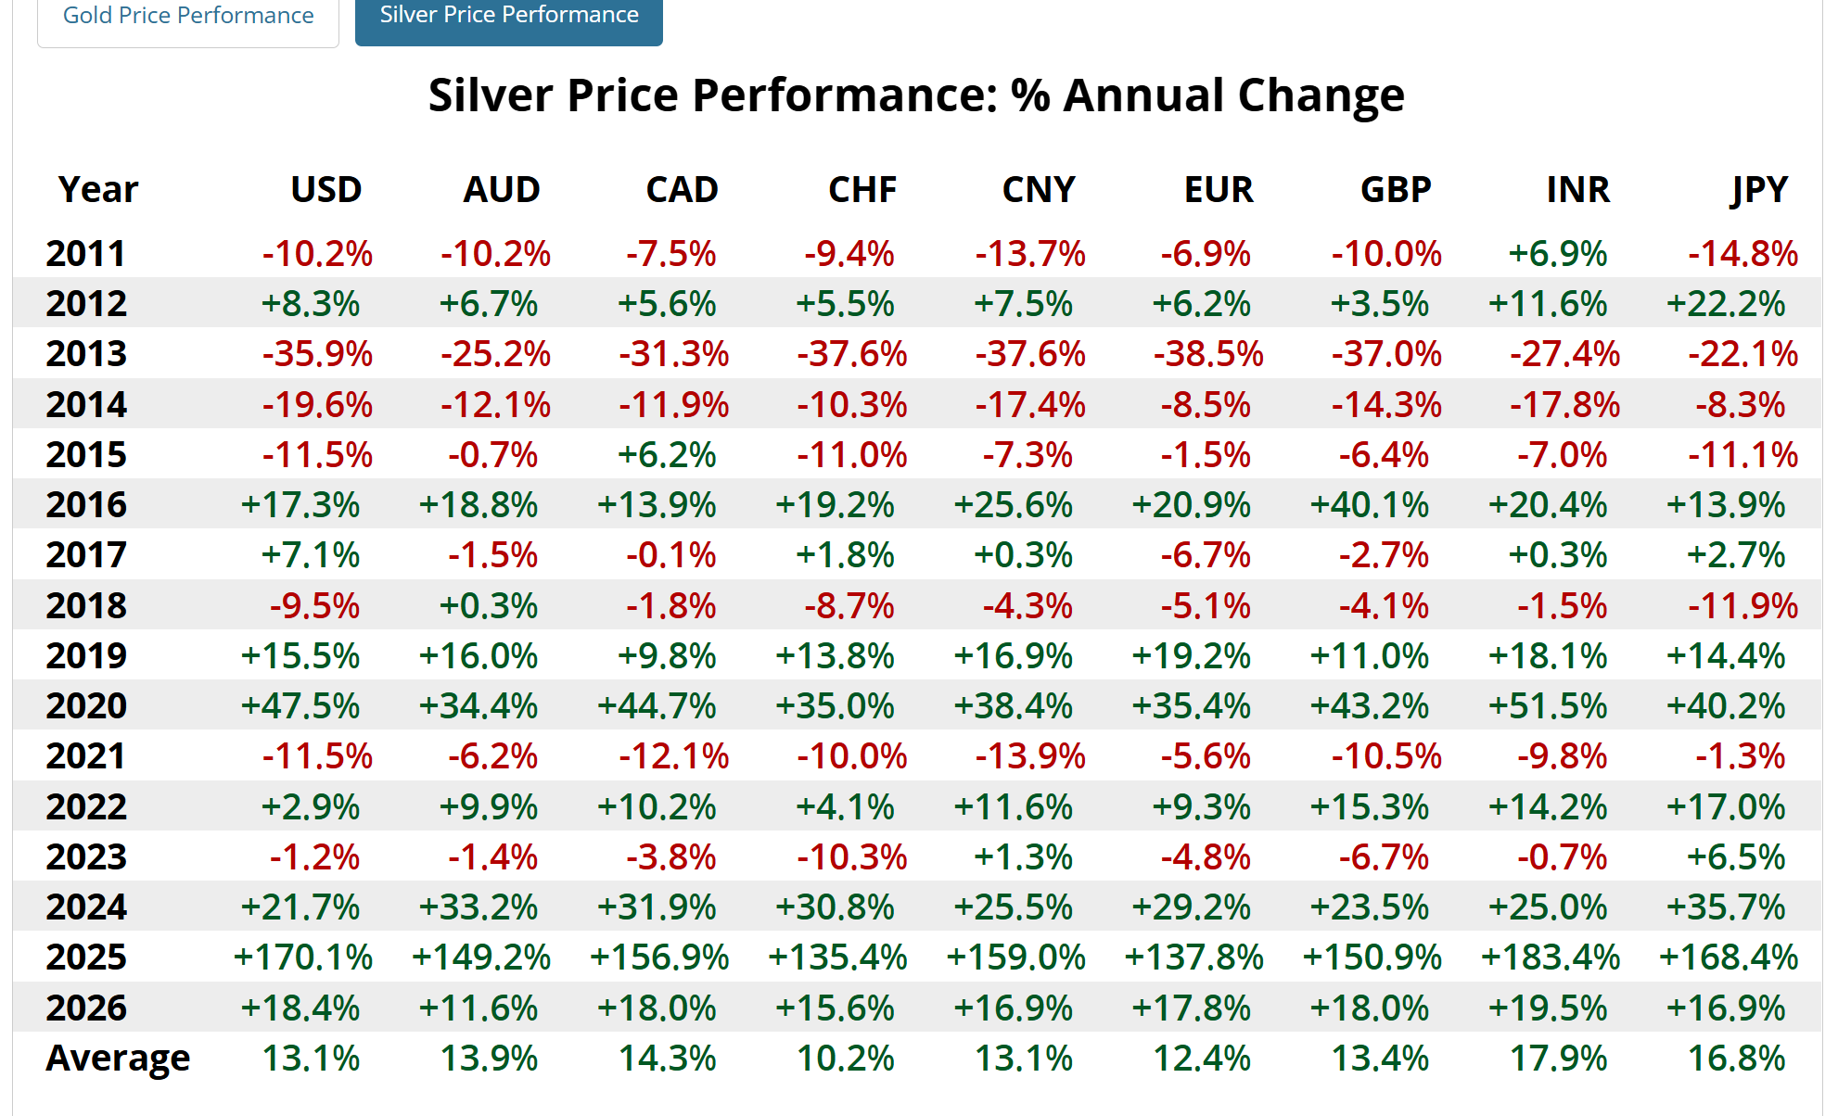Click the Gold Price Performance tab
[188, 16]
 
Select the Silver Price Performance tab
[508, 16]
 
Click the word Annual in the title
[1143, 95]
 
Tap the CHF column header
[862, 190]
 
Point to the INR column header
[1577, 190]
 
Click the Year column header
[97, 190]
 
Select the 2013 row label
[86, 354]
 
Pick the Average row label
[118, 1058]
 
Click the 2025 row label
[86, 957]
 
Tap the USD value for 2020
[300, 706]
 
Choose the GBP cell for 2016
[1369, 505]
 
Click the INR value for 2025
[1550, 957]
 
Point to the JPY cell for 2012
[1725, 304]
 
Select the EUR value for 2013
[1208, 354]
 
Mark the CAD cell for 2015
[667, 455]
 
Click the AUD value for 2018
[488, 606]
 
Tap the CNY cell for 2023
[1023, 857]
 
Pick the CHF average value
[846, 1058]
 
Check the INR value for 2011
[1557, 254]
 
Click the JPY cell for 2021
[1740, 756]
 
